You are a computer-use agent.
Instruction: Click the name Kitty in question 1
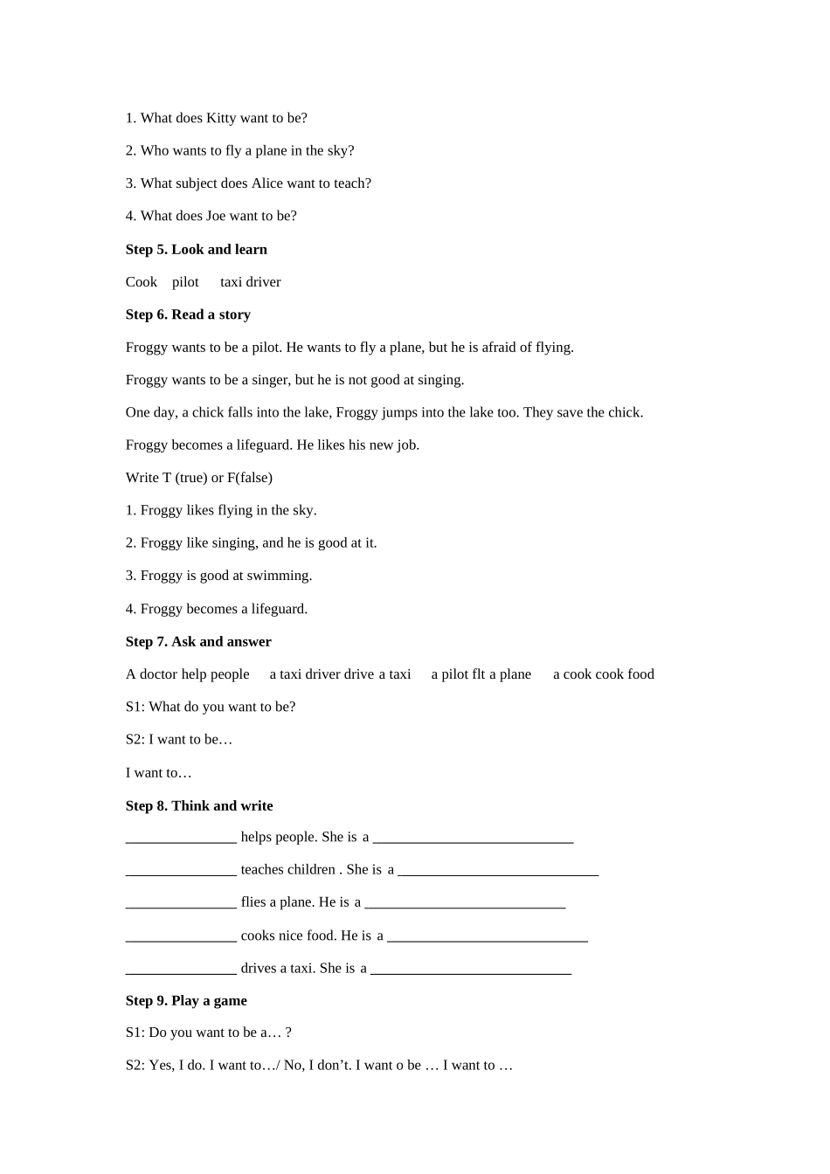(221, 118)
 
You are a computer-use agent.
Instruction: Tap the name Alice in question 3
(267, 183)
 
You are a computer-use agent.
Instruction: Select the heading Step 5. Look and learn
(197, 250)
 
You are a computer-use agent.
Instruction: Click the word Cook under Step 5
(142, 282)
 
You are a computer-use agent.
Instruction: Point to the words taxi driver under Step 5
(251, 282)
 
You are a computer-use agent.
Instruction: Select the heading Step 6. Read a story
(188, 314)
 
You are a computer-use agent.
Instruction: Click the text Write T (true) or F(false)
(199, 478)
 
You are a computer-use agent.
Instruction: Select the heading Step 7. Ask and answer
(198, 642)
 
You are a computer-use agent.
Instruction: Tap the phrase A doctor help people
(188, 674)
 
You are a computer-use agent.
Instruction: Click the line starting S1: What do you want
(211, 707)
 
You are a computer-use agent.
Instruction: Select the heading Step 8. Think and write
(199, 805)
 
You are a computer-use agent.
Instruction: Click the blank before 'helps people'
(181, 839)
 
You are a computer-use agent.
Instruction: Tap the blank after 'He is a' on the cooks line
(488, 938)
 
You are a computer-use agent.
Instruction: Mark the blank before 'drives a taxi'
(181, 970)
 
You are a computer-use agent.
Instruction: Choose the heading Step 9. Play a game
(186, 1001)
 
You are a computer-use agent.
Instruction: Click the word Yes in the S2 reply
(161, 1066)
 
